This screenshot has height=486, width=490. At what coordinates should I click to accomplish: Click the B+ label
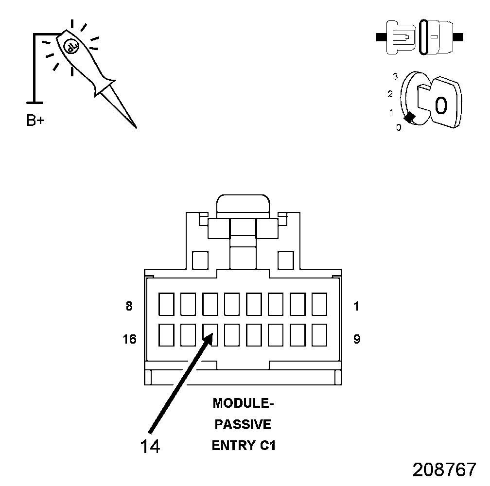coord(35,121)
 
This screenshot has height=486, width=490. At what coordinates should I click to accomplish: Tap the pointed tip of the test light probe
coord(135,127)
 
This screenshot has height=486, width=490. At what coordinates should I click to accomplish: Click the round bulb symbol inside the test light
coord(70,46)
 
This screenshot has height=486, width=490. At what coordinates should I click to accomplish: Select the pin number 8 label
coord(129,307)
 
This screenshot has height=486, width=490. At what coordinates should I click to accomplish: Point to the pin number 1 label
coord(357,307)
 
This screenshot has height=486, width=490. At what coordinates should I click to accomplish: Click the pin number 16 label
coord(129,339)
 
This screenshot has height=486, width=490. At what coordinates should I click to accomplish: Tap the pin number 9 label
coord(357,339)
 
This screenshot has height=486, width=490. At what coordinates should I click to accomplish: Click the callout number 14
coord(150,446)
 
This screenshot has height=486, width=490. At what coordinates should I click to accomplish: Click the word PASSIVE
coord(243,425)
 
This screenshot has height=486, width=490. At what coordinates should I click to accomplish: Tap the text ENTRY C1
coord(244,446)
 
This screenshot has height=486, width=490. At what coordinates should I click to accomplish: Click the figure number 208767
coord(444,470)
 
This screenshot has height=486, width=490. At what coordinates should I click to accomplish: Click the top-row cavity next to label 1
coord(319,304)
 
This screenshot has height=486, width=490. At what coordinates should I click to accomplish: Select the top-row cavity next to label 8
coord(167,304)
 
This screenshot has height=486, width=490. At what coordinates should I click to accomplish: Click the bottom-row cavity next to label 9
coord(319,335)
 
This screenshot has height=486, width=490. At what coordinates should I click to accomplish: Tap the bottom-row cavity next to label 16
coord(167,335)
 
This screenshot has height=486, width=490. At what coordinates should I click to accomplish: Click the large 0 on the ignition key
coord(440,104)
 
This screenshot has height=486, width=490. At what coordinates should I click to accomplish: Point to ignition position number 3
coord(395,76)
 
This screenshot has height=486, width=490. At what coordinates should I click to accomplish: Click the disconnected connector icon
coord(420,37)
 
